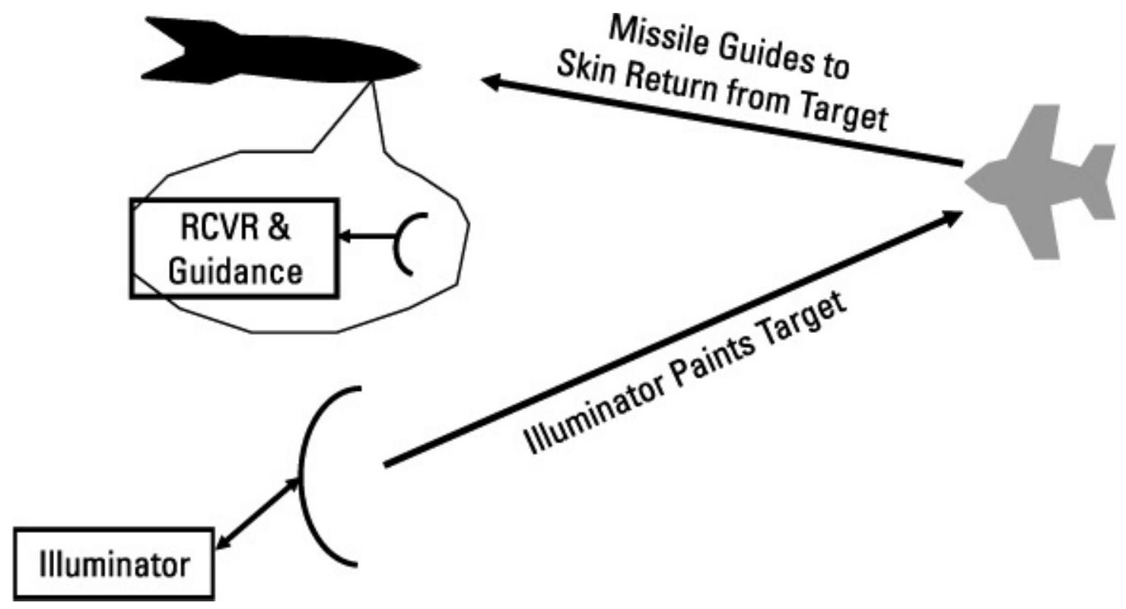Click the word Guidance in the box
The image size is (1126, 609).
[x=234, y=270]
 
